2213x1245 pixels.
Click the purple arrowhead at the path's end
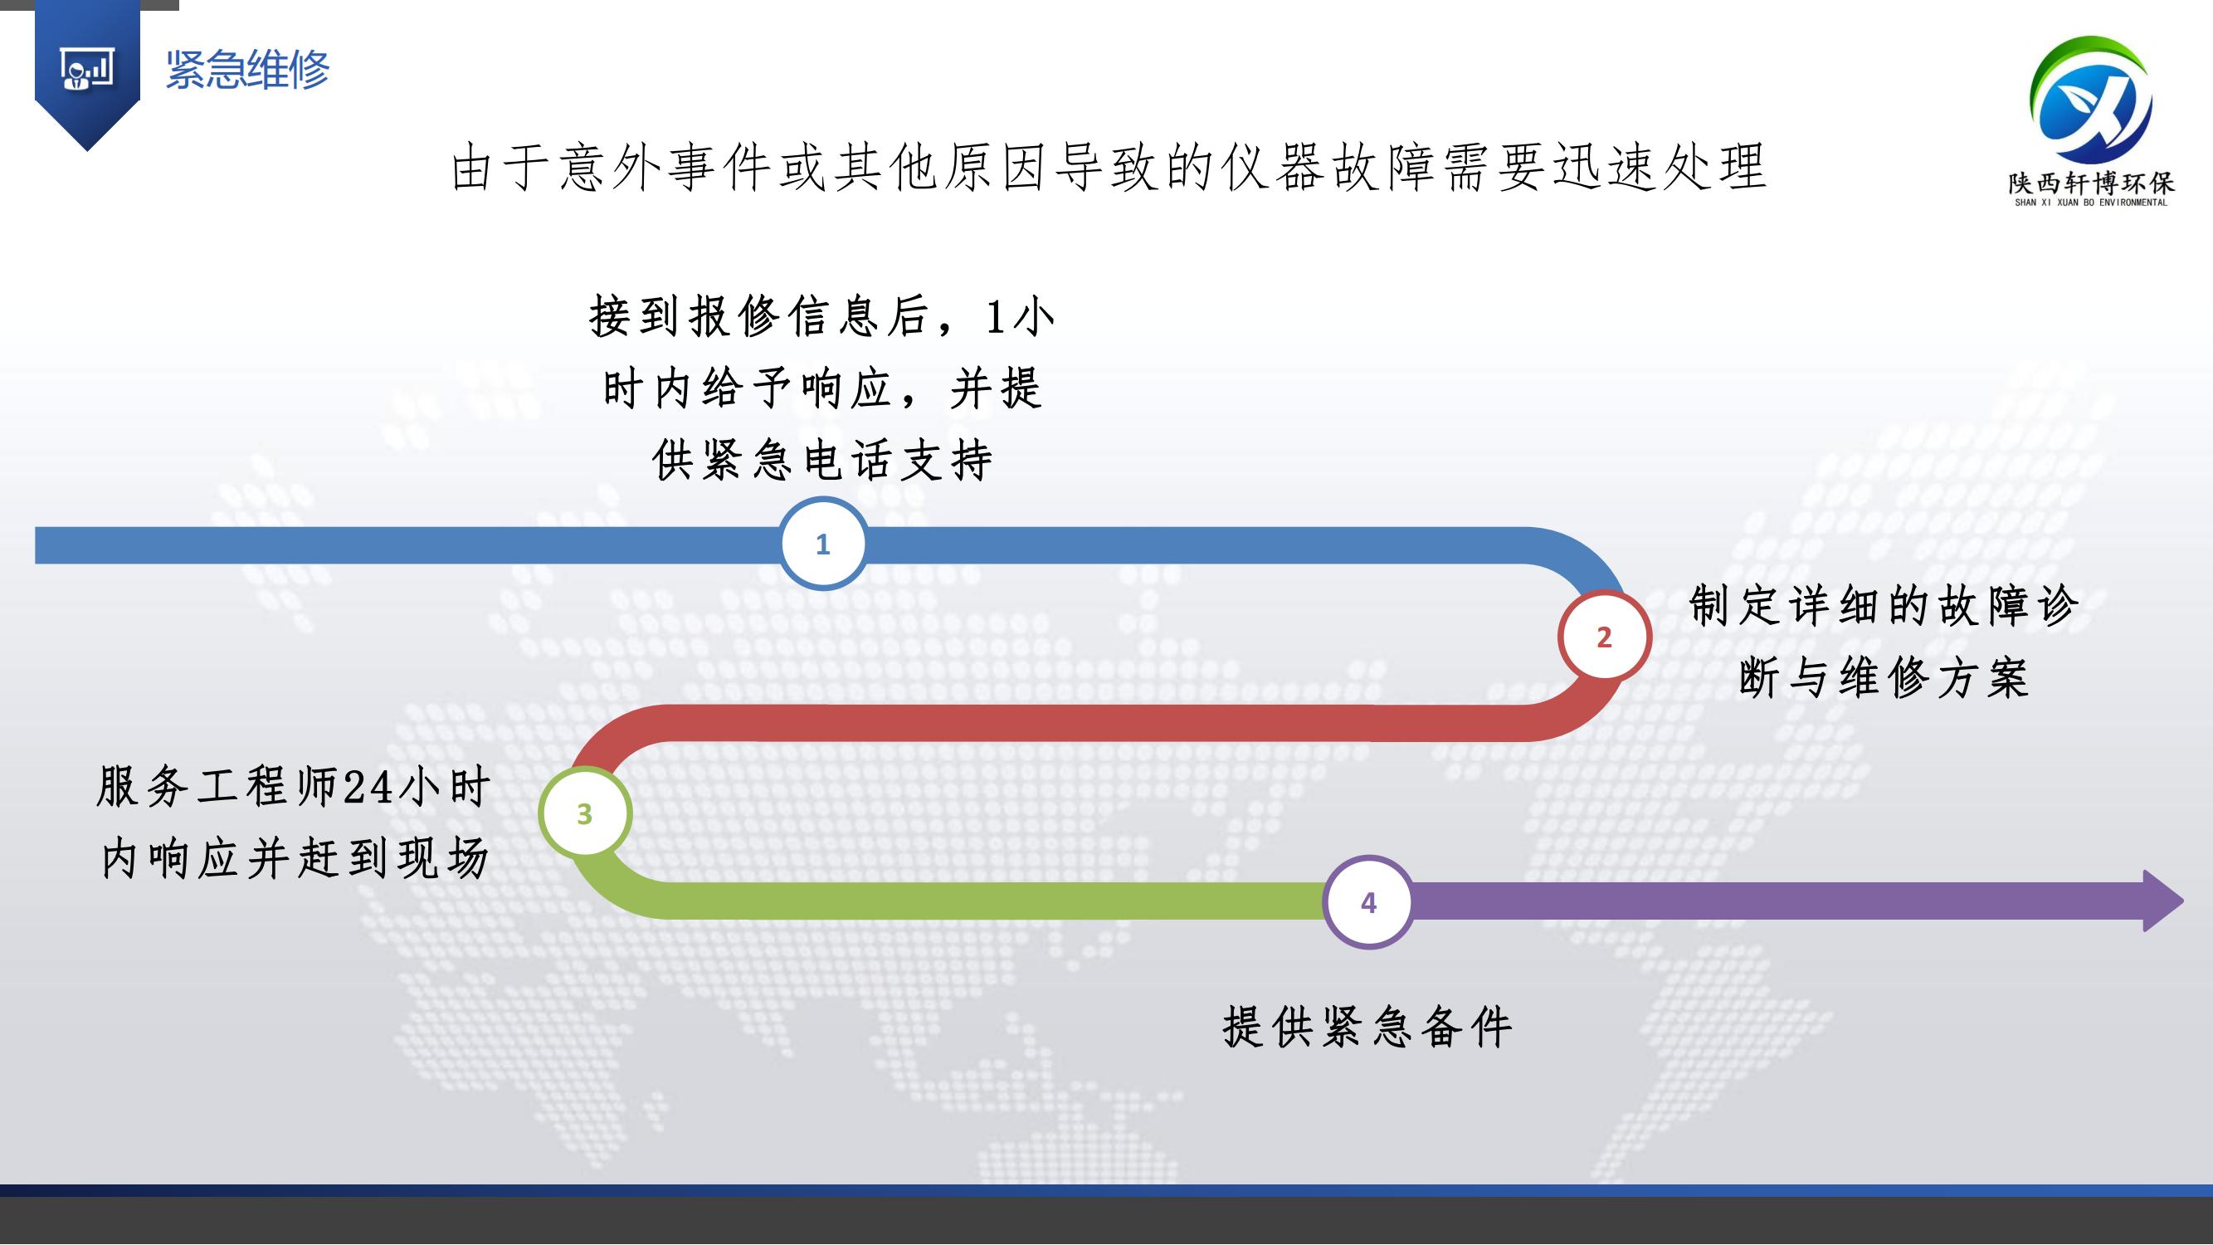[x=2162, y=901]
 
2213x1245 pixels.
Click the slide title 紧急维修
[x=247, y=70]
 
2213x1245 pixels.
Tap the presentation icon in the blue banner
[x=87, y=69]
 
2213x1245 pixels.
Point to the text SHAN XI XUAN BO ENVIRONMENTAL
[x=2090, y=203]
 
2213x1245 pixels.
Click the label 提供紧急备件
[x=1367, y=1027]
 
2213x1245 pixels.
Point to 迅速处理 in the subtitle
[x=1659, y=167]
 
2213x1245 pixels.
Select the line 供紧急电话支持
[x=822, y=460]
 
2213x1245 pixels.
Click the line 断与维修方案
[x=1883, y=678]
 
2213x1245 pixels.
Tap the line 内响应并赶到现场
[x=295, y=858]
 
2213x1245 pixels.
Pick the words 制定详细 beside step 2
[x=1786, y=606]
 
